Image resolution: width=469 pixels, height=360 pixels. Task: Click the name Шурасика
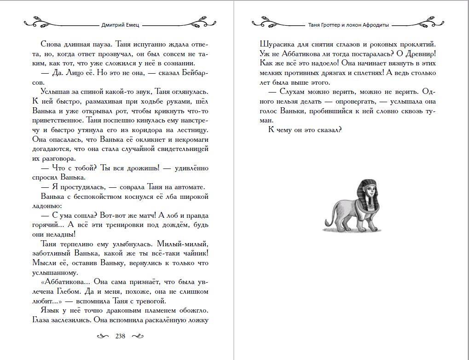tap(275, 44)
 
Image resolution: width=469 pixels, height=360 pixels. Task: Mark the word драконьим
tap(116, 311)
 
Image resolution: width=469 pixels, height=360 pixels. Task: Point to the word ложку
tap(196, 320)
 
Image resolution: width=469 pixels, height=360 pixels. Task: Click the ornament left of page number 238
tap(104, 337)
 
